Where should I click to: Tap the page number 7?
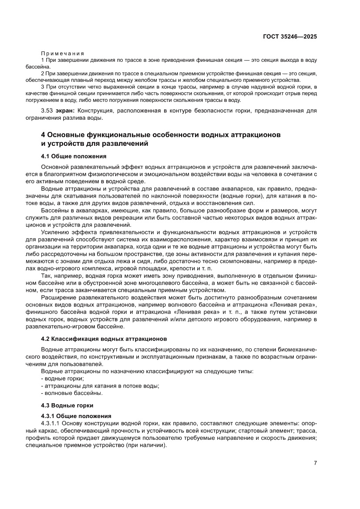coord(315,463)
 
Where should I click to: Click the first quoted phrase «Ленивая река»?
coord(299,305)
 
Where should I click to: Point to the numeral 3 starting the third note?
coord(42,87)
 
